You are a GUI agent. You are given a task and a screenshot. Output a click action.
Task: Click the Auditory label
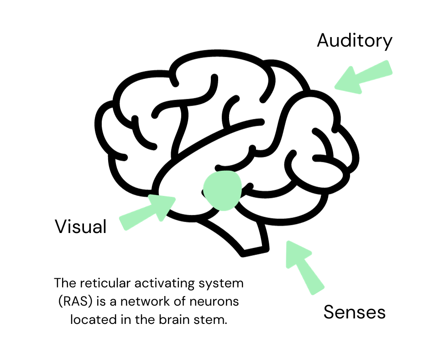coord(354,41)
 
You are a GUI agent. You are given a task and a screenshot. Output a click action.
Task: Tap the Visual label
coord(80,227)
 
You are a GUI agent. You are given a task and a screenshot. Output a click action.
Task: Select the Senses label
coord(354,312)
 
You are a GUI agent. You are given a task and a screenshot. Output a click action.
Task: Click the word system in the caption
coord(221,283)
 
